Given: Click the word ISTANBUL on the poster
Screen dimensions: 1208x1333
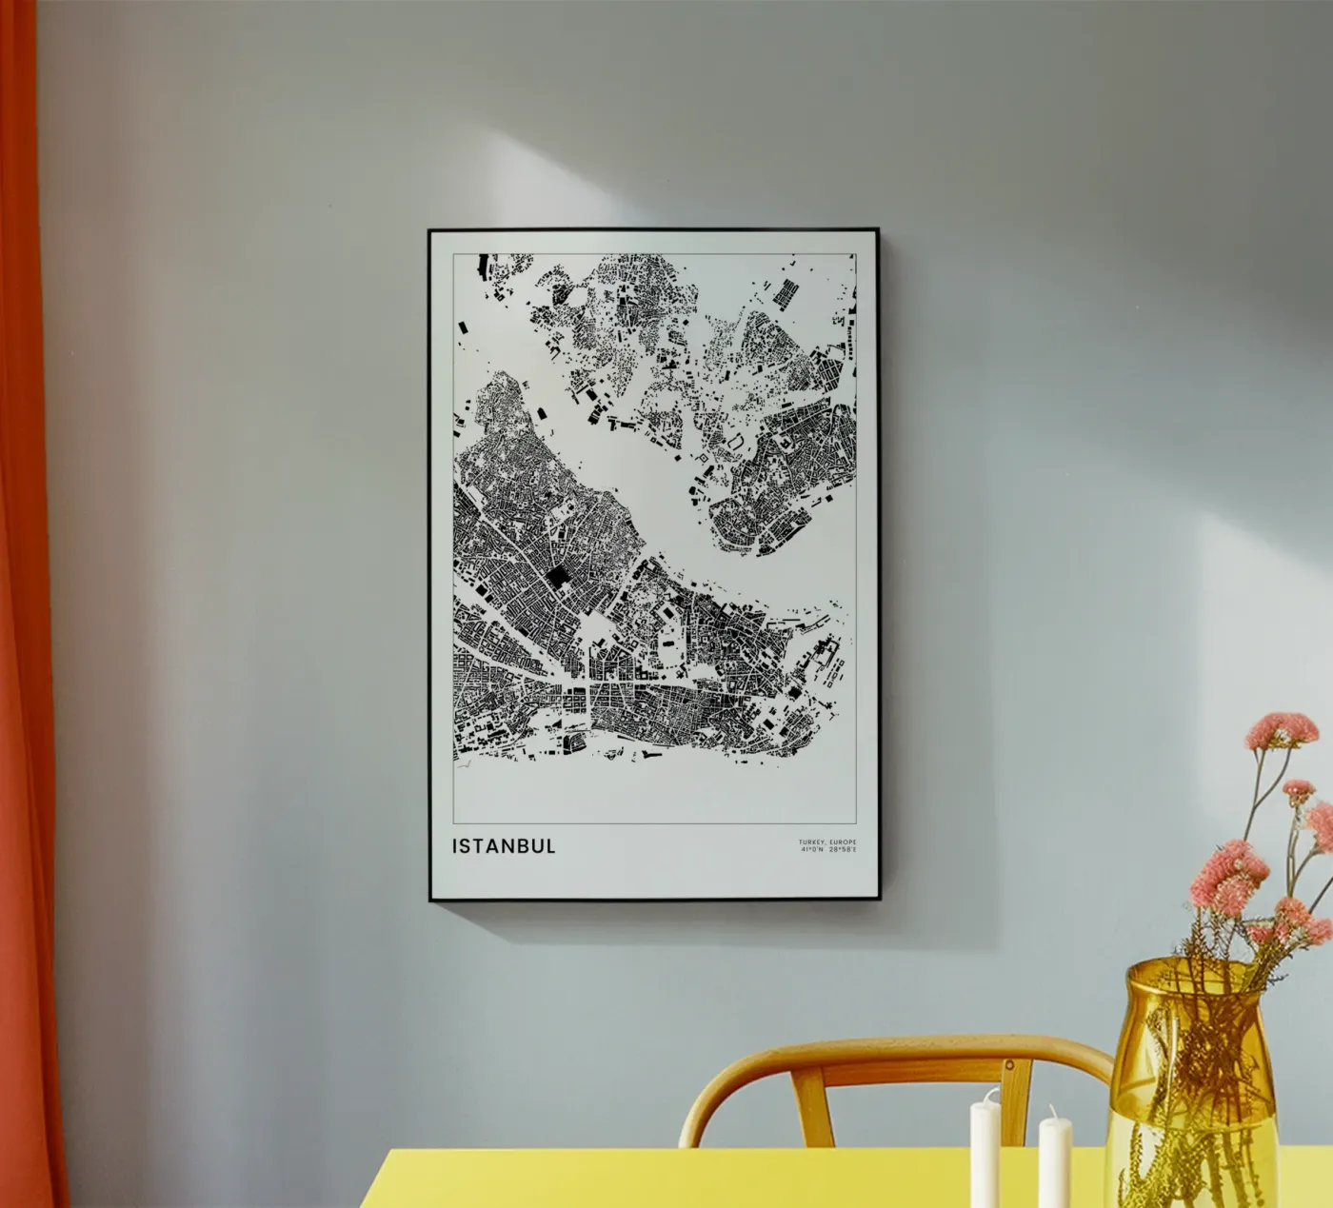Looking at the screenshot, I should (505, 846).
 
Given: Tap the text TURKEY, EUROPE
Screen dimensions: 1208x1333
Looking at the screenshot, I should (827, 842).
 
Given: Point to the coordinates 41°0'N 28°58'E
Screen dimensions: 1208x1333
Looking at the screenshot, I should (828, 850).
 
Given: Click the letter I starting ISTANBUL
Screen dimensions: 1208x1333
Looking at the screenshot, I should (456, 846).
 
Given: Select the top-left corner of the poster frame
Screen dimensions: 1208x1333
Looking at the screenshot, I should (429, 231).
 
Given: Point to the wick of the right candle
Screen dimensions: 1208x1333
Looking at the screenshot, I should (1054, 1111).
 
